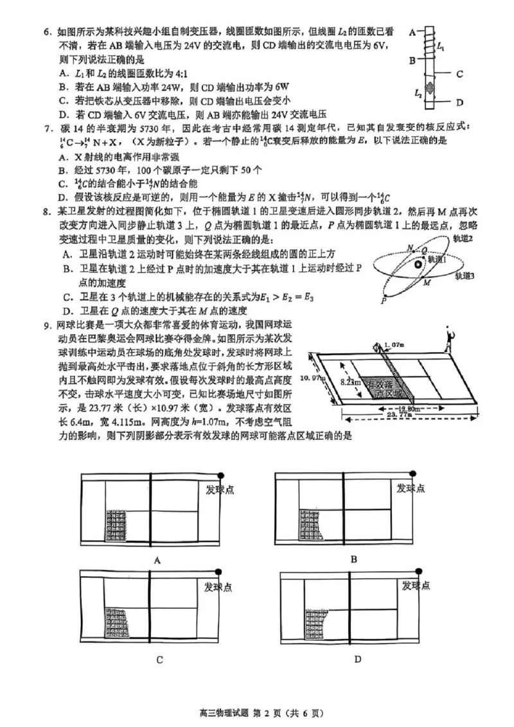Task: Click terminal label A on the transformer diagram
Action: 410,30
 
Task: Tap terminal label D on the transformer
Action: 460,103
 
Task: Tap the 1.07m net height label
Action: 393,346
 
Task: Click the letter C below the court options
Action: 159,659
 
